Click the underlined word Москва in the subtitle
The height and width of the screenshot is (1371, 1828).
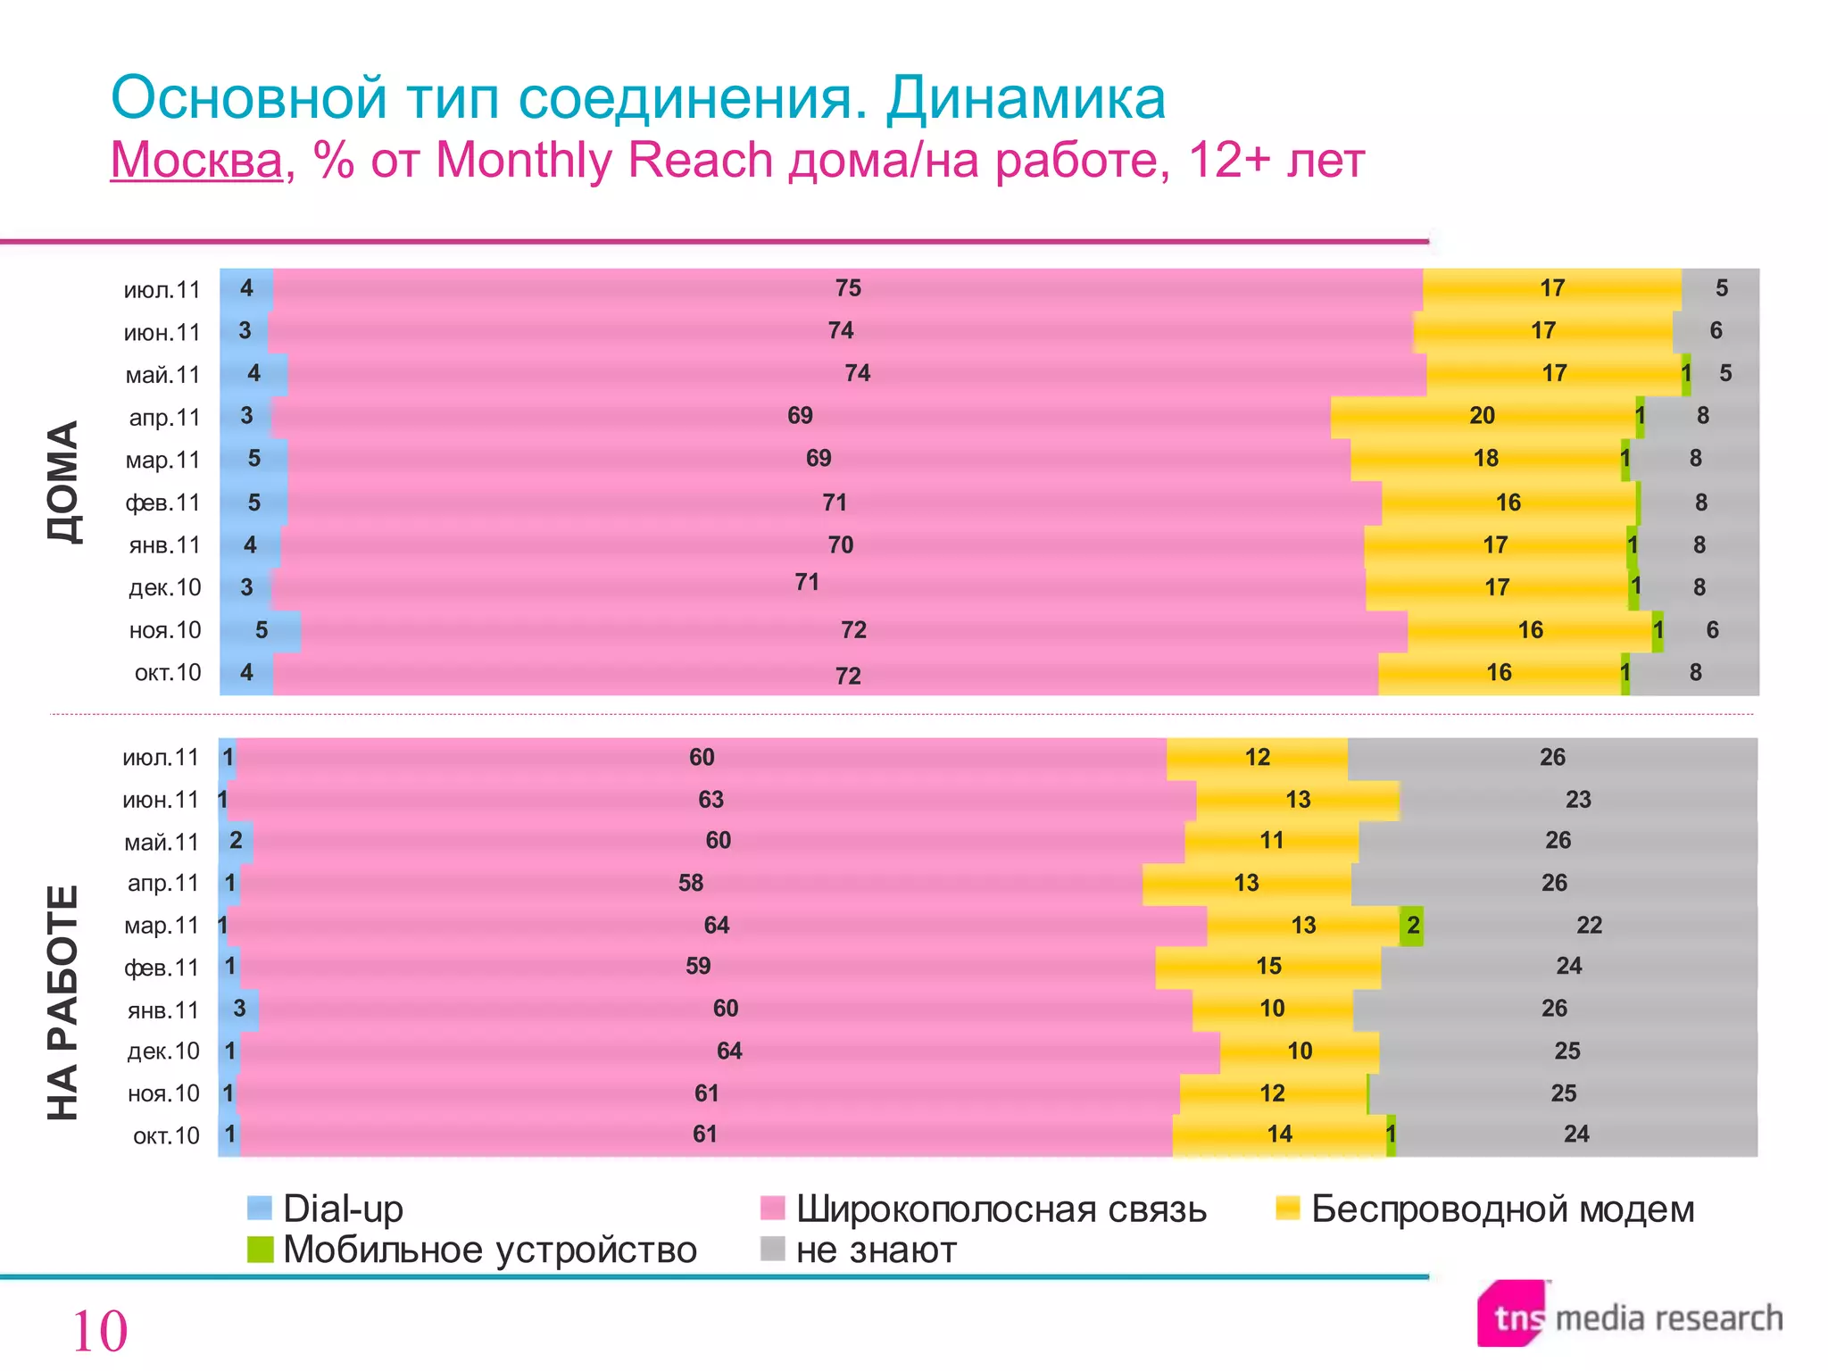click(196, 161)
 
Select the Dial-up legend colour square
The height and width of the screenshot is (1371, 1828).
click(259, 1208)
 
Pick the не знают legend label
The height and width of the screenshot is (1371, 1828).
click(876, 1250)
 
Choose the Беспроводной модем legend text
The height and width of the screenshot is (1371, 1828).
click(1502, 1209)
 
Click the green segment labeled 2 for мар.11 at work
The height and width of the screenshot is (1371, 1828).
click(1412, 926)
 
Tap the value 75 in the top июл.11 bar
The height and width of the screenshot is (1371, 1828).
click(848, 288)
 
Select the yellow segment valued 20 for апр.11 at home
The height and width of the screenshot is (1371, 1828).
click(1482, 416)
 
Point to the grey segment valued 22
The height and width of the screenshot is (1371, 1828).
click(1589, 926)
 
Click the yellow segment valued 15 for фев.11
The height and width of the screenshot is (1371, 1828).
click(1268, 967)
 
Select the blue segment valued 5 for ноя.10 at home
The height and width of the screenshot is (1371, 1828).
click(261, 630)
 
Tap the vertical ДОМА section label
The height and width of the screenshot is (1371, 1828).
click(63, 482)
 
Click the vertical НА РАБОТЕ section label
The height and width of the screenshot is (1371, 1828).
click(63, 1002)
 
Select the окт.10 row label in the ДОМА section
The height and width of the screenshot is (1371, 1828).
click(167, 673)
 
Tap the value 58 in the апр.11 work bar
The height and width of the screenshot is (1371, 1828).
click(691, 884)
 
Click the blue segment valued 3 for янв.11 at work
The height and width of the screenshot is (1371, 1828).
click(239, 1009)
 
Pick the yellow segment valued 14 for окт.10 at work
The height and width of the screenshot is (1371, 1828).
click(1279, 1134)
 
